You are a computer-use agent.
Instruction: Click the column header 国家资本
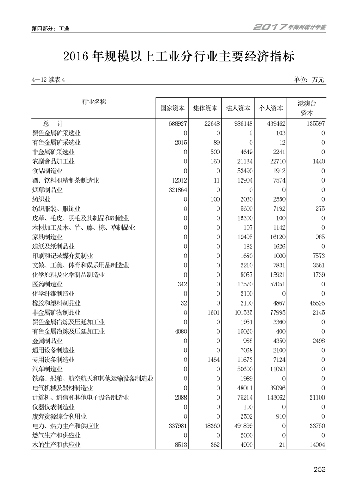tap(173, 109)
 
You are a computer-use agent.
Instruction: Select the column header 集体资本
tap(205, 109)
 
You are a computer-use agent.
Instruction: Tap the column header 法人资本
tap(238, 109)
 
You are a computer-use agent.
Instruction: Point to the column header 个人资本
tap(271, 109)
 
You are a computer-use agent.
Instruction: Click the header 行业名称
tap(94, 102)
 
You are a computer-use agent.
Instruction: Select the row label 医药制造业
tap(48, 284)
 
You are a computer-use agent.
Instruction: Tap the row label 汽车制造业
tap(48, 369)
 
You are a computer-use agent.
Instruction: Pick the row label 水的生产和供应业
tap(57, 445)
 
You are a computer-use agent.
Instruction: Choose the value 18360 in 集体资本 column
tap(210, 426)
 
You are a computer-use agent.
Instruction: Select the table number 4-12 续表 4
tap(49, 80)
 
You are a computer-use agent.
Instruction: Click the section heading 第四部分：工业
tap(50, 29)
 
